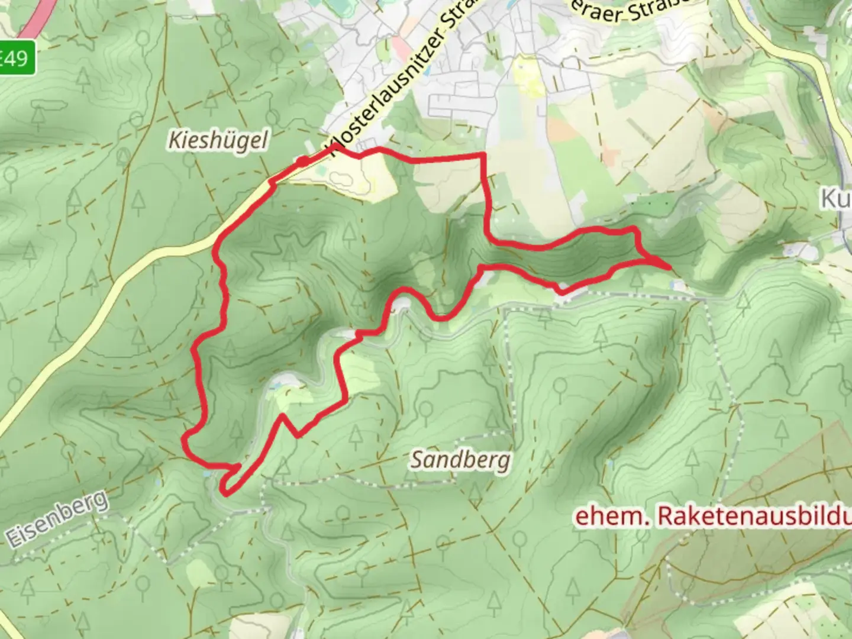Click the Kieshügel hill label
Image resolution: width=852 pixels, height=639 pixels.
(x=218, y=141)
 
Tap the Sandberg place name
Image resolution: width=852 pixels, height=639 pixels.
(x=460, y=460)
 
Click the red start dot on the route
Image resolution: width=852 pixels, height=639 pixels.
(x=302, y=162)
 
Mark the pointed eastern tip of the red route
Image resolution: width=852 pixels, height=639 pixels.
(x=669, y=267)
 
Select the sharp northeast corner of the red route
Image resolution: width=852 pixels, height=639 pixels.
(x=483, y=155)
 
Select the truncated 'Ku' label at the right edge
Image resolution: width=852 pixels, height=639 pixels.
(x=835, y=199)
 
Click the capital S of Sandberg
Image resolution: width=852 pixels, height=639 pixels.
(x=418, y=460)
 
